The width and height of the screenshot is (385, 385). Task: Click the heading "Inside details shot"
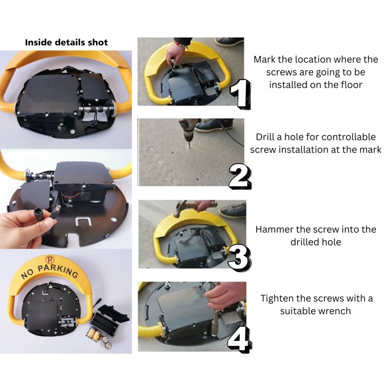pos(66,43)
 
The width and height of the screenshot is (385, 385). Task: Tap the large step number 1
pos(240,94)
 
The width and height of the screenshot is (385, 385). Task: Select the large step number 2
pos(240,177)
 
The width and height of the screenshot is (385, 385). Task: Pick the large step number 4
pos(239,339)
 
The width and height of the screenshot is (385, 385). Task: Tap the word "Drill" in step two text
pos(265,137)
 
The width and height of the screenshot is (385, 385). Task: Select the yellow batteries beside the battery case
pos(98,337)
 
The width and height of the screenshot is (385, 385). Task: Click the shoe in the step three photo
pos(233,209)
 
